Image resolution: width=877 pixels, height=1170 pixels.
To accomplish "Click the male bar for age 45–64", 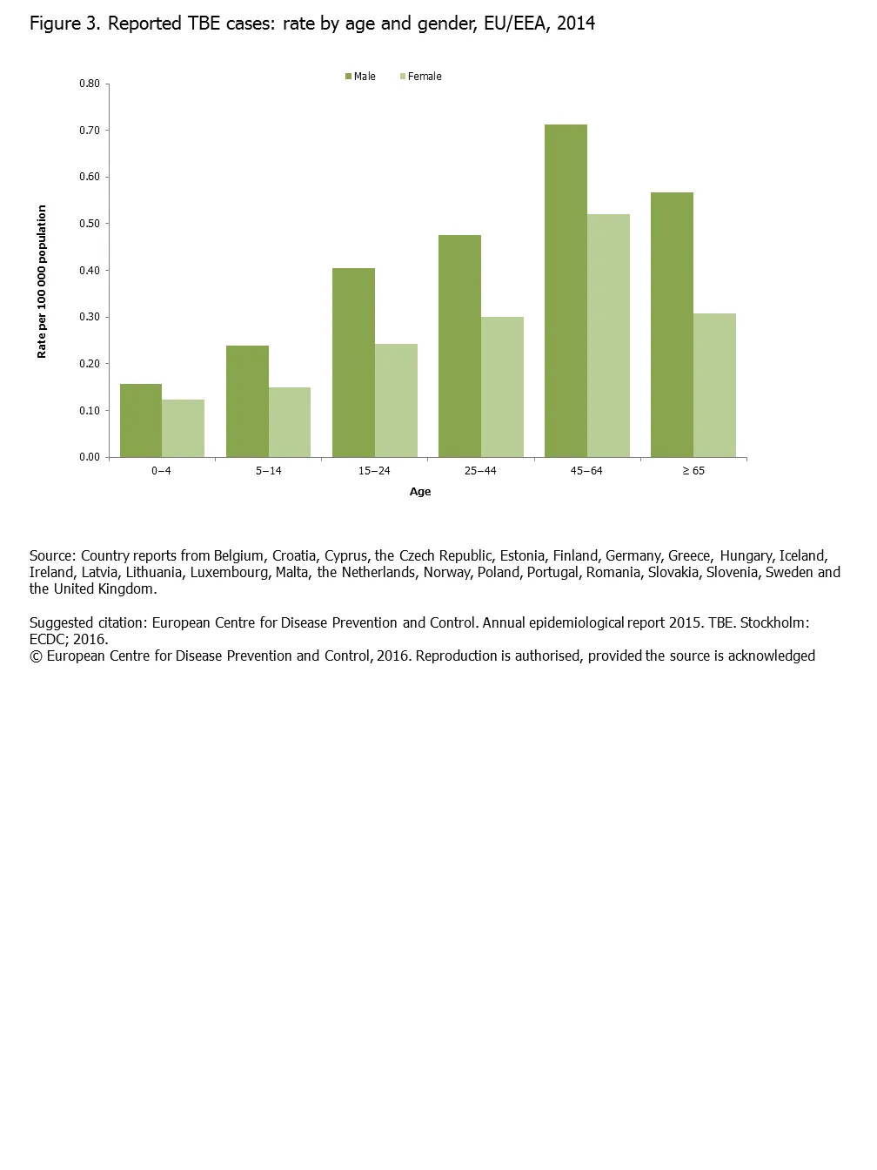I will [x=566, y=291].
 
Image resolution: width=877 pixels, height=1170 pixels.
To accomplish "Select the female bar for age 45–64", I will [x=608, y=335].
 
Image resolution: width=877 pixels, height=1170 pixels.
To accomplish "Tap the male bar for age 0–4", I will [x=141, y=420].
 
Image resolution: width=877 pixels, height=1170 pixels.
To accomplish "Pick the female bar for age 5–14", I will [x=290, y=422].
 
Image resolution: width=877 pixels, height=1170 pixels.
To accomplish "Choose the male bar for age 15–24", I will [x=353, y=362].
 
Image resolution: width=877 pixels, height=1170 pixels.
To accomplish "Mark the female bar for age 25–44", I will [x=502, y=387].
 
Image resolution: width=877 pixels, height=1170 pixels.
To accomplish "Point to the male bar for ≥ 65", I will [x=672, y=325].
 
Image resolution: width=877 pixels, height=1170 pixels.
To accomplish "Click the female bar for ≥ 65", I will [x=714, y=385].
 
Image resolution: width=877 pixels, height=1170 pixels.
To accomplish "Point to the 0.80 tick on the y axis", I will [x=90, y=84].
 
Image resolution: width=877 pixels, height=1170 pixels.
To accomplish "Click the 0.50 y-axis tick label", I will [x=90, y=224].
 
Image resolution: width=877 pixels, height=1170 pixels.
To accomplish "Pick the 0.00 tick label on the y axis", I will [x=90, y=457].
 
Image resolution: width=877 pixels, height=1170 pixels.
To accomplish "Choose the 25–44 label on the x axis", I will [x=480, y=471].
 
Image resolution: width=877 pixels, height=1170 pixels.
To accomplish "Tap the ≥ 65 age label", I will [x=693, y=471].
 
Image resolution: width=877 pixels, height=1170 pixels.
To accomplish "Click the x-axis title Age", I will [x=420, y=492].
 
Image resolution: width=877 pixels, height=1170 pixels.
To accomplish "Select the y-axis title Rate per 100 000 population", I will [x=42, y=282].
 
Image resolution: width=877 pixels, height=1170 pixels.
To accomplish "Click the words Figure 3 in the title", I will [x=65, y=24].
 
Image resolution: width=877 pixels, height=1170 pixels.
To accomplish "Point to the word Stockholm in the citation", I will [x=773, y=623].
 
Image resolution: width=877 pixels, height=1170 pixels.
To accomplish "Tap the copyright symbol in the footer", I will [x=36, y=656].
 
